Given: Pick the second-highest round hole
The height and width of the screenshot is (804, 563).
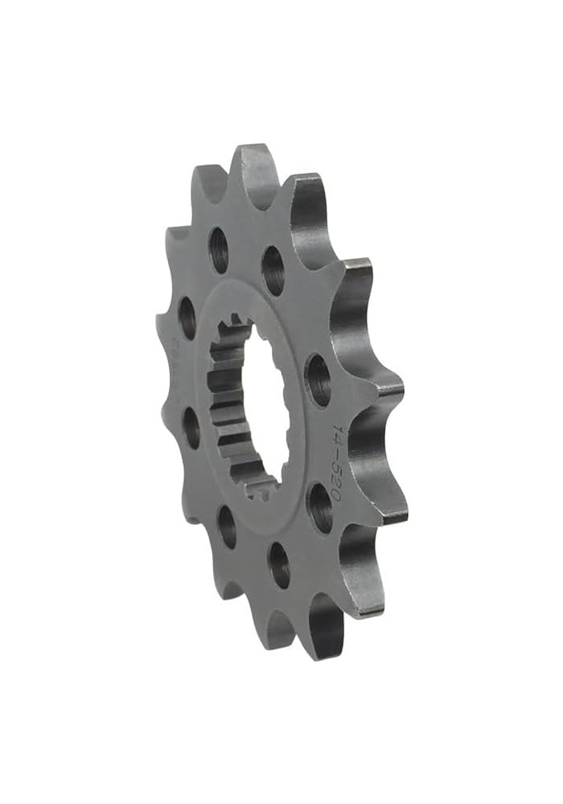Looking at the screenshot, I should pyautogui.click(x=273, y=269).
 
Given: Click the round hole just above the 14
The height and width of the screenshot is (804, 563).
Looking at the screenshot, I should pyautogui.click(x=318, y=379).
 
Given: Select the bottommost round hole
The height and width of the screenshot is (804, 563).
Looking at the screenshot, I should pyautogui.click(x=279, y=565).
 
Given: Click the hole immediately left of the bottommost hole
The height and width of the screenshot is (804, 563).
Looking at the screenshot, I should pyautogui.click(x=228, y=527).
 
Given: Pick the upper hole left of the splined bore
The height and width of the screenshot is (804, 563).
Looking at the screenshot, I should pyautogui.click(x=187, y=318).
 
